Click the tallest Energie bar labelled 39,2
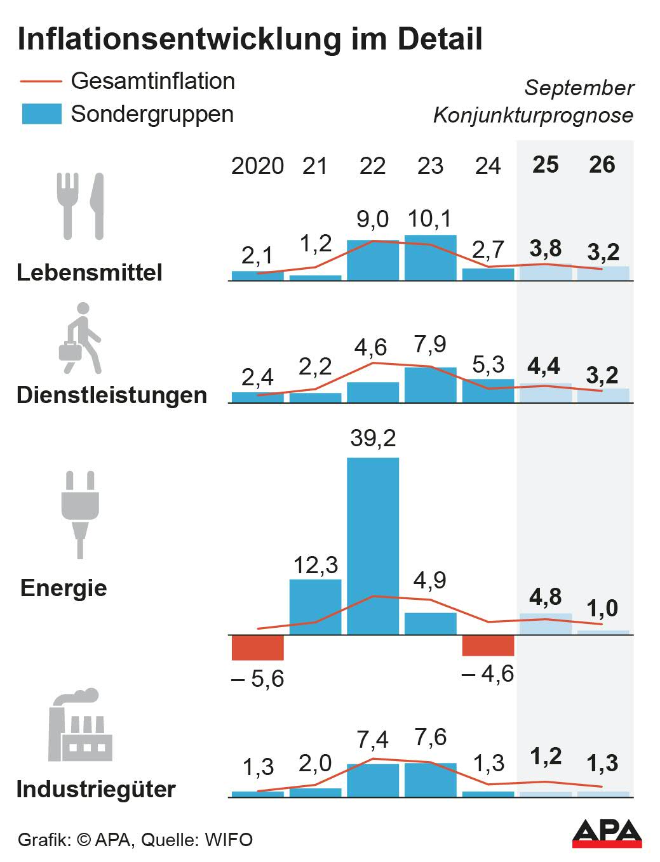point(373,546)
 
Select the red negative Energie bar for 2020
point(257,648)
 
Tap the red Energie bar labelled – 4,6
point(488,646)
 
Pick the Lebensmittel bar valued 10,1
point(430,258)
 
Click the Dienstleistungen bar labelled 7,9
point(430,385)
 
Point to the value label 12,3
point(315,565)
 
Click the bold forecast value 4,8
point(545,597)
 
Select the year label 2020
point(257,166)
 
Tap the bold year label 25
point(545,165)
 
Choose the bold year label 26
point(602,165)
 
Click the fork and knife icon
point(80,206)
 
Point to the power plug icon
point(80,514)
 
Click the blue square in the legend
point(41,114)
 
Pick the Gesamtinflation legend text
point(152,81)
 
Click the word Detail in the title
point(440,39)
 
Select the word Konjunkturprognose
point(533,116)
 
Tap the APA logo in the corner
point(607,833)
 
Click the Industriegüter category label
point(96,790)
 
